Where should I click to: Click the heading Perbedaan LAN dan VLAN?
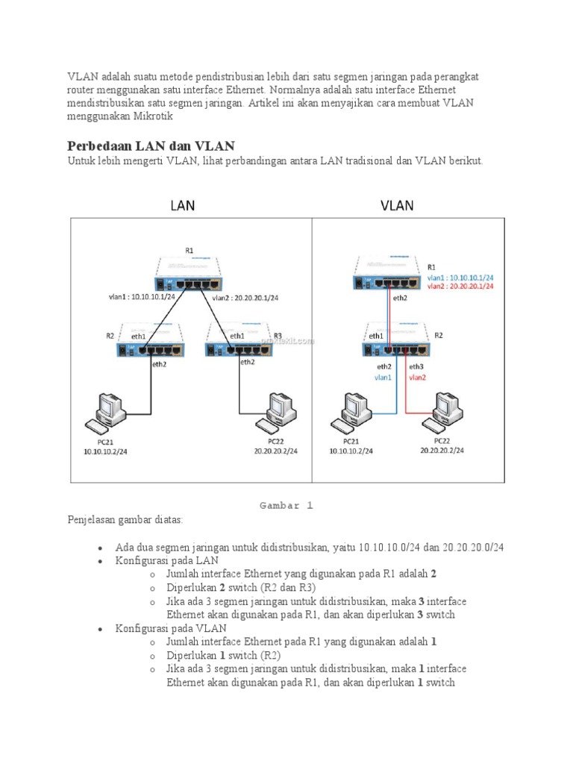(x=151, y=145)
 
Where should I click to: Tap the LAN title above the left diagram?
(x=183, y=204)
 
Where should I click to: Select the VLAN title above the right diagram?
(x=397, y=204)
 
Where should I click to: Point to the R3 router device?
(x=237, y=341)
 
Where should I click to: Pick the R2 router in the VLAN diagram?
(x=395, y=341)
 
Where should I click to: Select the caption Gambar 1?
(x=286, y=505)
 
